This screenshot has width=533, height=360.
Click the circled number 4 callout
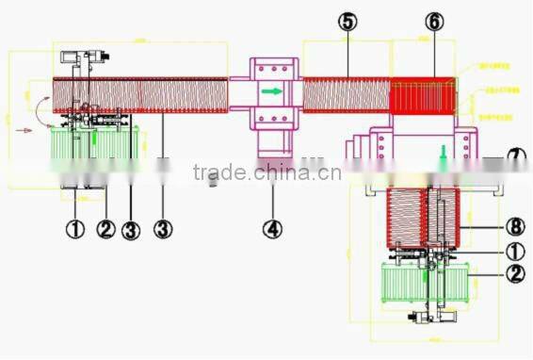[x=272, y=228]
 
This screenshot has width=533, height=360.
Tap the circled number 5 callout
[x=348, y=22]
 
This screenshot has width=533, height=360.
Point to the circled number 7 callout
[x=517, y=156]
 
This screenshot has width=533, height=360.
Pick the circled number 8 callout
[x=514, y=226]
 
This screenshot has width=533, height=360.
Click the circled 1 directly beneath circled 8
[x=514, y=252]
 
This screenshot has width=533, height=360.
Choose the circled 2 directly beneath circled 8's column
[x=514, y=275]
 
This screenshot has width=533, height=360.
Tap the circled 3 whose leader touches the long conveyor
[x=162, y=228]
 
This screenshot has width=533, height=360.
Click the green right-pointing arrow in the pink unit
[x=271, y=92]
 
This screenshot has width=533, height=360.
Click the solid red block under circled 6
[x=424, y=96]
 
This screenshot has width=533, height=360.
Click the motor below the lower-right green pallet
[x=419, y=319]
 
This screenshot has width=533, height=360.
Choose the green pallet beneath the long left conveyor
[x=95, y=143]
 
